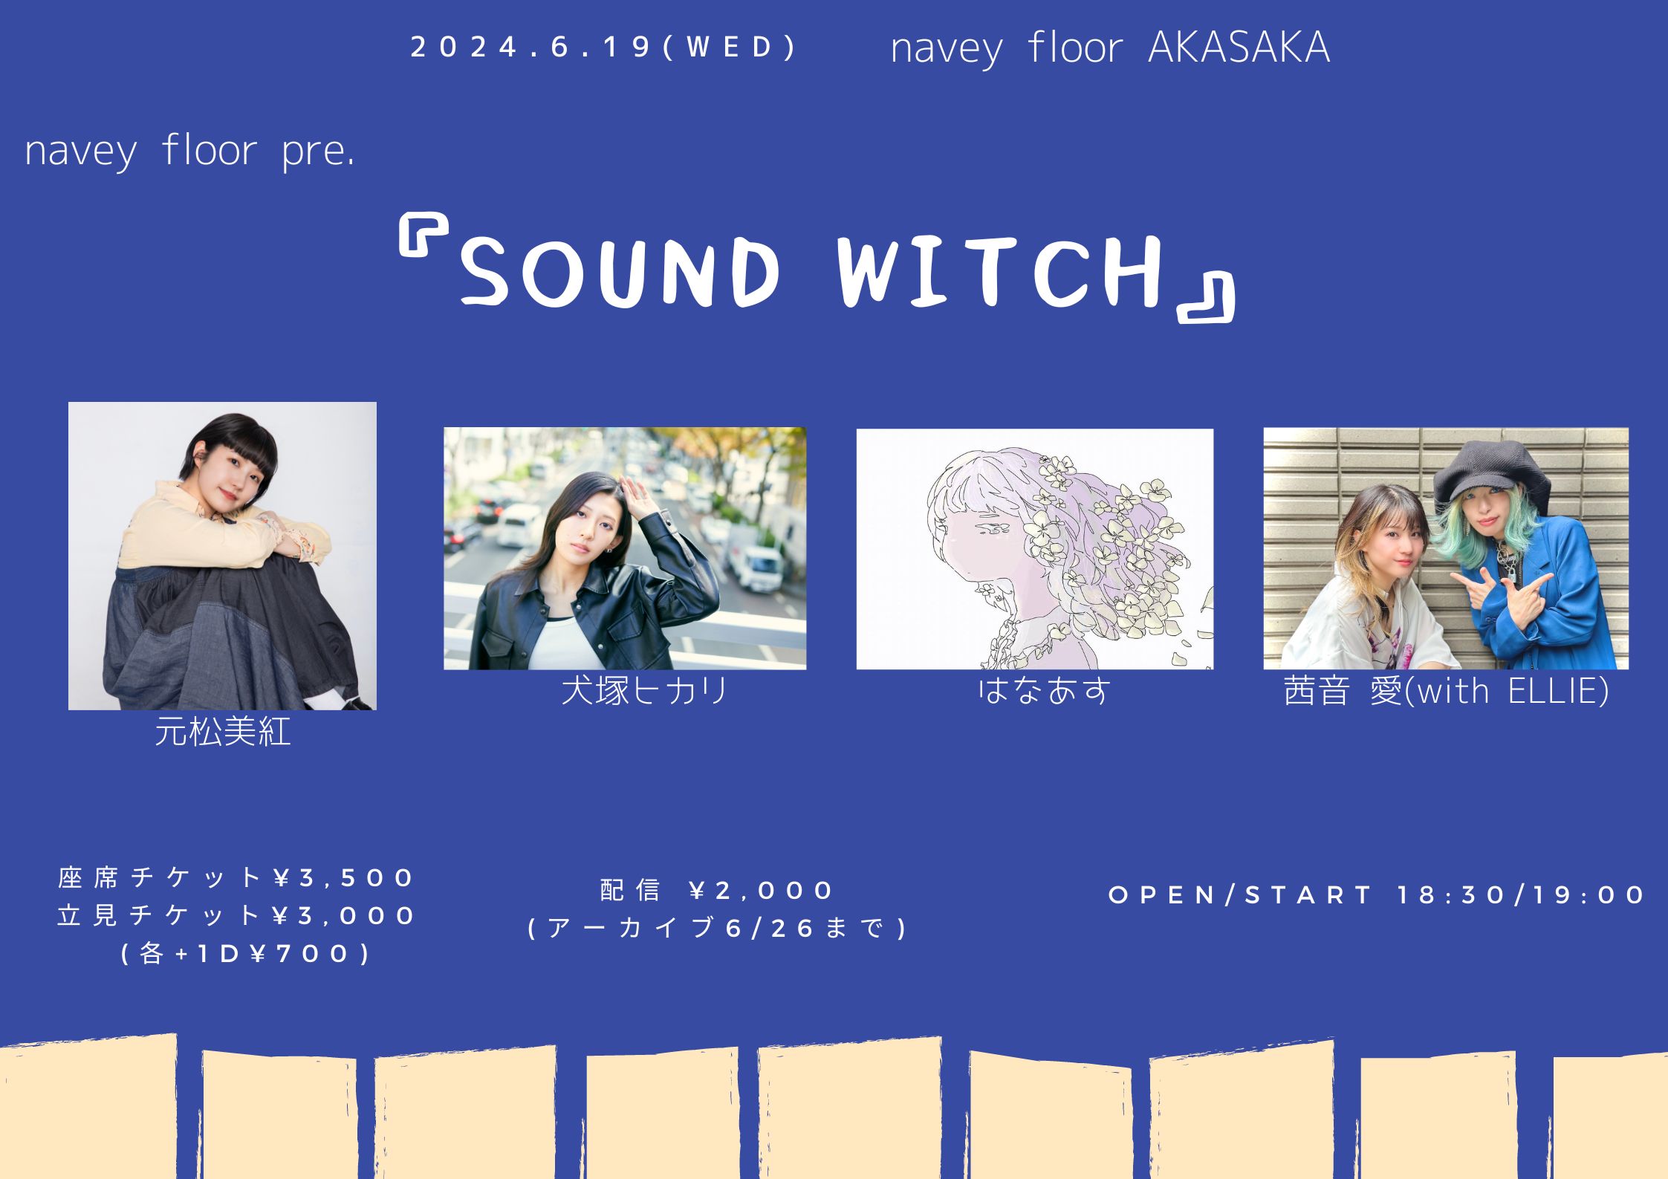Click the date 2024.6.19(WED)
603,48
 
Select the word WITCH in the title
1000,271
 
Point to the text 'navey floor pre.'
189,151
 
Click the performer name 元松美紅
222,733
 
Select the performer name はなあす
1043,691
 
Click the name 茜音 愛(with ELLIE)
1446,692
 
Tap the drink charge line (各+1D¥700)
246,954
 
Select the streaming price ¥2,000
761,890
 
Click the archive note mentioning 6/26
718,929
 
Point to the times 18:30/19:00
1520,894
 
